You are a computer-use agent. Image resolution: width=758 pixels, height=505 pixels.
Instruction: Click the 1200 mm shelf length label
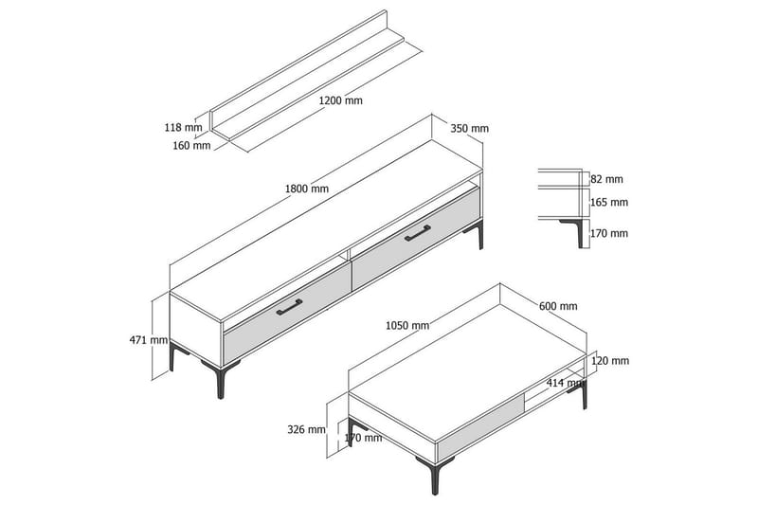click(x=340, y=100)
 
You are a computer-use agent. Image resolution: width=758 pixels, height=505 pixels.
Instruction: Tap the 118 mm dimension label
click(x=183, y=128)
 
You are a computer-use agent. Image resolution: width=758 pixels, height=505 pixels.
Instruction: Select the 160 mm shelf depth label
click(x=192, y=145)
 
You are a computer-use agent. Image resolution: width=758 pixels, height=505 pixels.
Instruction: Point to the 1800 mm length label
click(x=306, y=189)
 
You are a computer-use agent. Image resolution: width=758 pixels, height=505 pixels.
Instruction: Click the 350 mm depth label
click(x=469, y=129)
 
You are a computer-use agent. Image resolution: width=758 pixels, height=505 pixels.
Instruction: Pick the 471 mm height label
click(x=149, y=340)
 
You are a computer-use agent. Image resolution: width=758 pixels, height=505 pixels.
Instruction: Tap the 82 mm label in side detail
click(x=606, y=179)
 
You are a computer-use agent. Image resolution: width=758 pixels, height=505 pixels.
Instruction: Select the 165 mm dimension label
click(x=609, y=203)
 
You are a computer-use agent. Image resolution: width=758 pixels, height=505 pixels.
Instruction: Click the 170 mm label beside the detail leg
click(x=609, y=233)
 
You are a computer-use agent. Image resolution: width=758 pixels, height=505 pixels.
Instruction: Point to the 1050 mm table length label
click(x=407, y=326)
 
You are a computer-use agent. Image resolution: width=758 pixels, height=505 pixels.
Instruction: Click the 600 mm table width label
click(x=558, y=306)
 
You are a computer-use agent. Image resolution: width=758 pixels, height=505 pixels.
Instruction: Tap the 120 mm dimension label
click(x=610, y=361)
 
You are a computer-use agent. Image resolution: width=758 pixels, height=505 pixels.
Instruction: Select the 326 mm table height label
click(x=306, y=429)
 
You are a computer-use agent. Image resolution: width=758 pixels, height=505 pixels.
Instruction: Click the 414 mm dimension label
click(x=566, y=383)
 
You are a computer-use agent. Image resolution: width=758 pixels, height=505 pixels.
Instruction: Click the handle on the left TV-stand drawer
click(x=289, y=307)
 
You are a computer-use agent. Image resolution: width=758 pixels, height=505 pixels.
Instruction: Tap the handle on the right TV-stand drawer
click(x=418, y=232)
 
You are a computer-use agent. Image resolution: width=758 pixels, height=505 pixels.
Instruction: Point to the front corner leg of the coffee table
click(x=435, y=475)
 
